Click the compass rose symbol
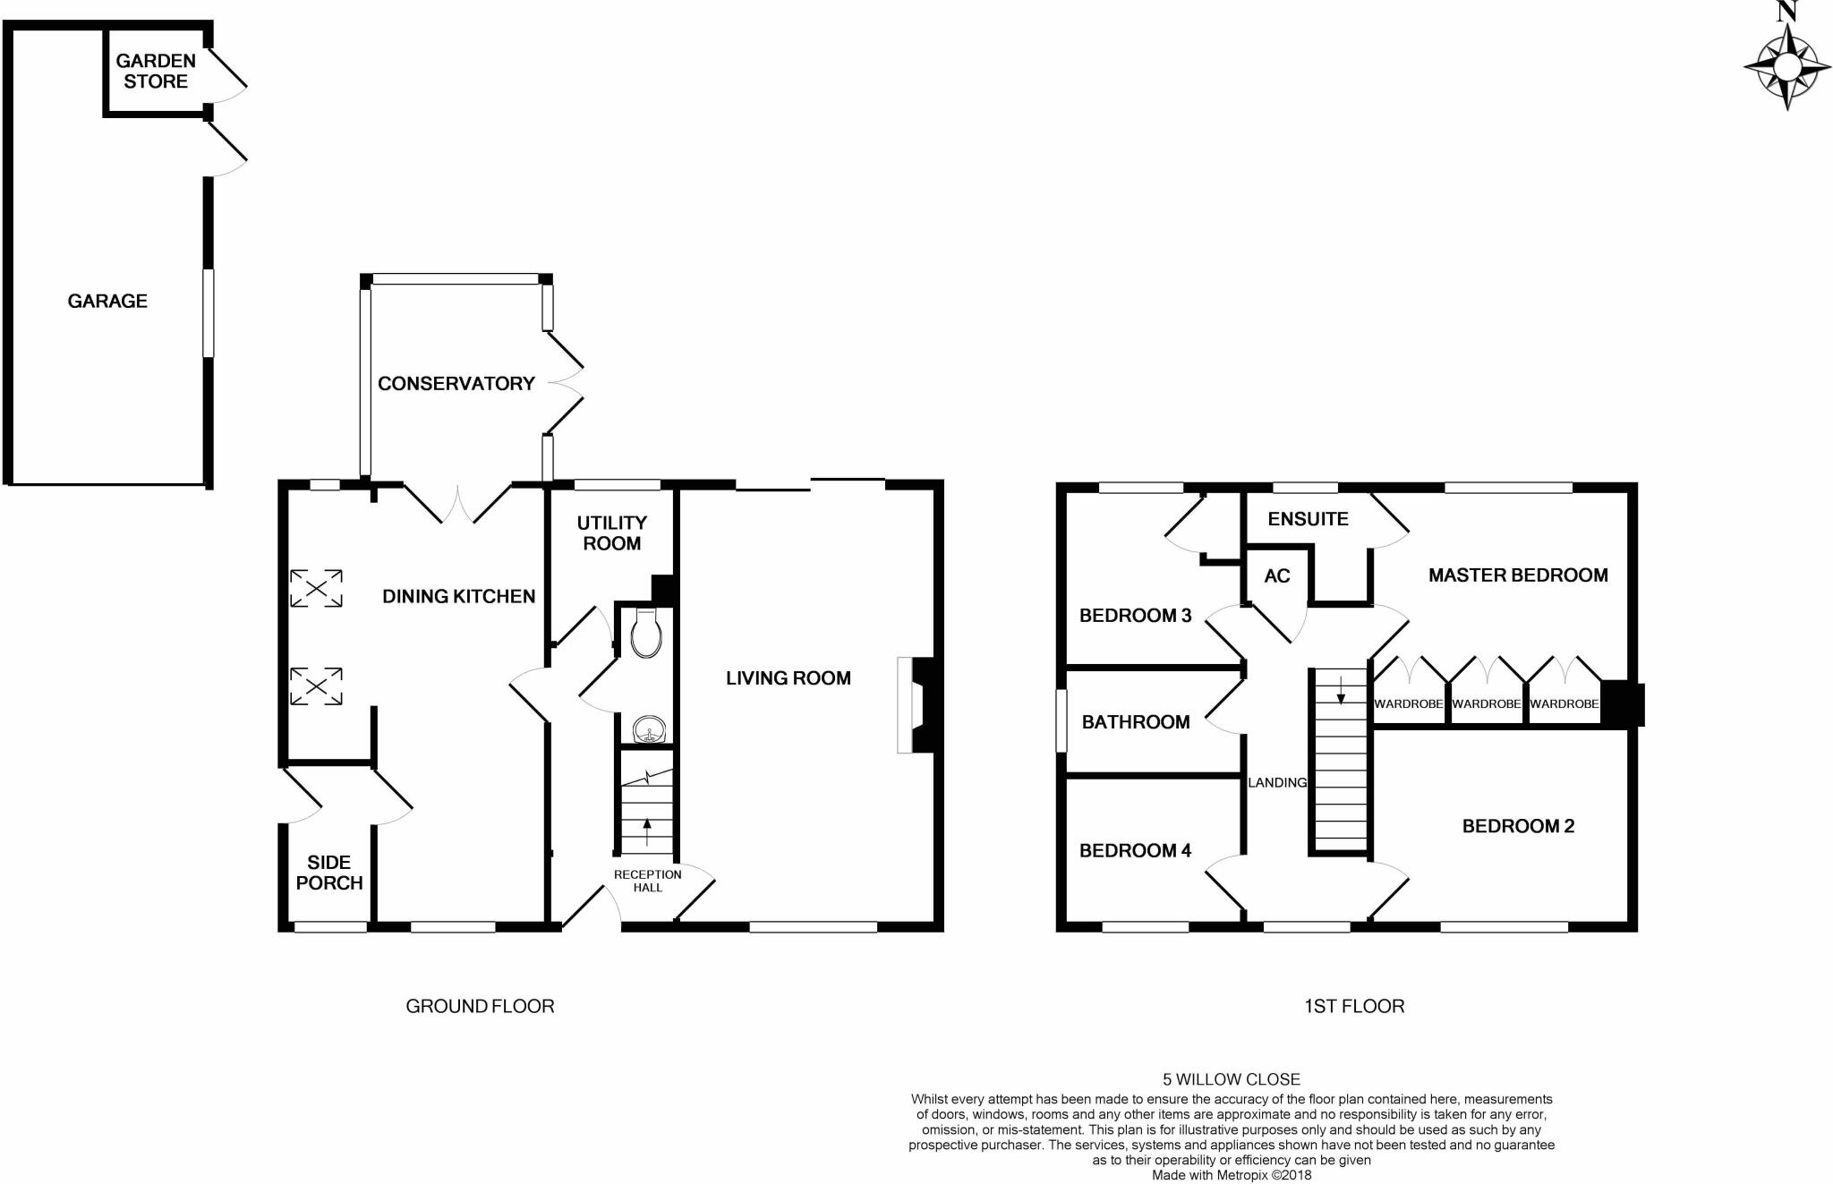pyautogui.click(x=1786, y=67)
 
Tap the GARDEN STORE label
pyautogui.click(x=156, y=71)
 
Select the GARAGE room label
pyautogui.click(x=107, y=301)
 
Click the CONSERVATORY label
pyautogui.click(x=456, y=383)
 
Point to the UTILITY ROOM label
pyautogui.click(x=612, y=532)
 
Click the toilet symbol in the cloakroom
pyautogui.click(x=645, y=633)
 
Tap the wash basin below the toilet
pyautogui.click(x=645, y=730)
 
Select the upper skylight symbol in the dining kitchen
pyautogui.click(x=316, y=588)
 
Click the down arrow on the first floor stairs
pyautogui.click(x=1340, y=690)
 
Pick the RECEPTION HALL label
pyautogui.click(x=647, y=881)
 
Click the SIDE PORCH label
pyautogui.click(x=328, y=873)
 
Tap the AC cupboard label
pyautogui.click(x=1276, y=575)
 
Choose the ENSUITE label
pyautogui.click(x=1308, y=519)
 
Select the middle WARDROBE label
pyautogui.click(x=1486, y=704)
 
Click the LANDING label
pyautogui.click(x=1277, y=782)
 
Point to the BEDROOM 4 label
pyautogui.click(x=1135, y=850)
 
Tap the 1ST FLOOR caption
pyautogui.click(x=1353, y=1006)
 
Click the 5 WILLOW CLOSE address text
pyautogui.click(x=1231, y=1079)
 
